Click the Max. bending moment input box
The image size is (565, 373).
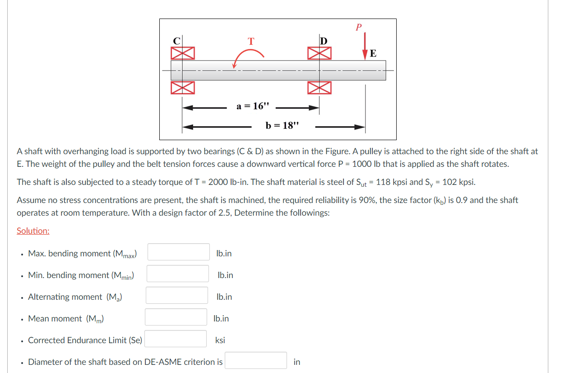click(x=179, y=252)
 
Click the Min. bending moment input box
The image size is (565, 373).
click(x=177, y=274)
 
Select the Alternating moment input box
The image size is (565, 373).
click(x=177, y=295)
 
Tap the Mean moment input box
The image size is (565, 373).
click(x=176, y=317)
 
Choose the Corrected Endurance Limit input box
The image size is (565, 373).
click(x=176, y=339)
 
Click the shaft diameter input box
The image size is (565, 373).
click(x=256, y=360)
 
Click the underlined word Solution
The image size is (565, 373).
click(x=33, y=231)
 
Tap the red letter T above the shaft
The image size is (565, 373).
click(x=251, y=41)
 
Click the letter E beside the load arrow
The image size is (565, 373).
click(x=373, y=53)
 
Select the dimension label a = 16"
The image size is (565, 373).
click(x=252, y=106)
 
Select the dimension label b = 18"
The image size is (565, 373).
click(x=282, y=125)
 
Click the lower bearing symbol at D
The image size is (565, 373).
click(x=320, y=87)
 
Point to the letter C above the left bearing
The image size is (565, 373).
click(x=177, y=40)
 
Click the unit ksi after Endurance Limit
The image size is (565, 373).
click(x=220, y=340)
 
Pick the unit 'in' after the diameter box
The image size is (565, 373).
click(x=296, y=362)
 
